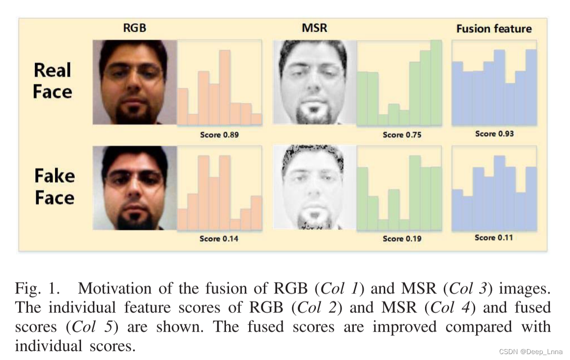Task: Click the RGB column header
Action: click(134, 28)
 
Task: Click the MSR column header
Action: click(314, 28)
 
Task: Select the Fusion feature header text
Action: click(494, 29)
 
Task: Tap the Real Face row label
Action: click(53, 81)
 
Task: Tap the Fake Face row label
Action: click(54, 187)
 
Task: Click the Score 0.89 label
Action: click(219, 135)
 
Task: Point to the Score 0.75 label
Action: click(402, 135)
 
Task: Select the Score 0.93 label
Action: click(494, 134)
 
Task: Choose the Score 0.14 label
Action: click(219, 239)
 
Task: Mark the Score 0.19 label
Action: click(402, 239)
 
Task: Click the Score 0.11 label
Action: click(494, 238)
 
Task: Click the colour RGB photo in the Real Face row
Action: click(135, 82)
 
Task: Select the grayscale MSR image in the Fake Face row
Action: click(314, 187)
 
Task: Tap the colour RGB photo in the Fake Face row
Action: click(135, 188)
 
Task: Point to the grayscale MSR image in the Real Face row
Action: click(314, 82)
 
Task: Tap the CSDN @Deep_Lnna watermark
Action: click(531, 352)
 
